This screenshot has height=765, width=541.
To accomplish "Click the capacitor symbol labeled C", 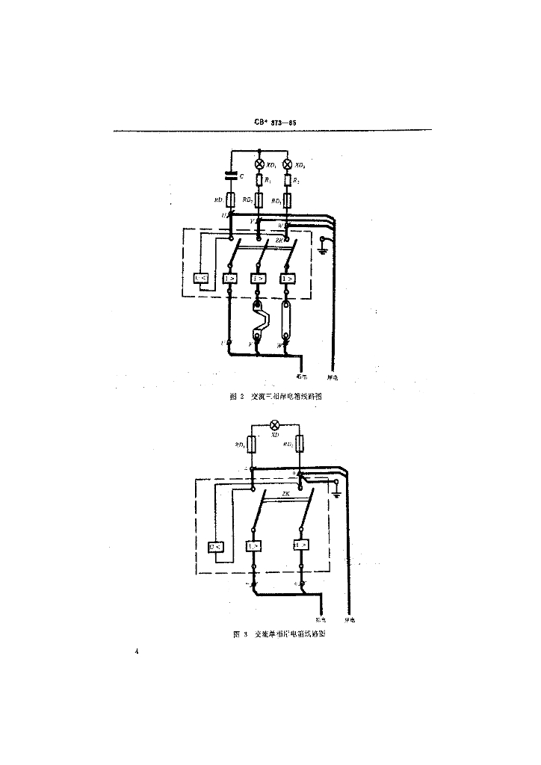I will coord(232,176).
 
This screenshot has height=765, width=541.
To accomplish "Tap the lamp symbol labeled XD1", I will coord(259,164).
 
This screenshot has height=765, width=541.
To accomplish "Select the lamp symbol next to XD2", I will coord(288,164).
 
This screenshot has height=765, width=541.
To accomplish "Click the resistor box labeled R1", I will coord(259,180).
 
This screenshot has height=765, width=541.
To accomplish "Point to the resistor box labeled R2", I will coord(288,180).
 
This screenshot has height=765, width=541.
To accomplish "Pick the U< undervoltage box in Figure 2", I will coord(201,279).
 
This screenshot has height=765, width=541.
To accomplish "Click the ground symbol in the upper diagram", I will coord(322,248).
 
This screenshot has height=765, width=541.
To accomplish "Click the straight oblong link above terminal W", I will coord(287,321).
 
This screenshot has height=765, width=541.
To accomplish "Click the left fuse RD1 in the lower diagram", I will coord(253,446).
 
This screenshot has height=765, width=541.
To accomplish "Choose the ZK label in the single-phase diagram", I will coord(285,494).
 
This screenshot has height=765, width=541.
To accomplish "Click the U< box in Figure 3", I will coord(216,546).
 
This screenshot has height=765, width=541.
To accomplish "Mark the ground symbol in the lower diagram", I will coord(336,493).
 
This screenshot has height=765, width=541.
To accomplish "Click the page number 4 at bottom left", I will coord(137,652).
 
